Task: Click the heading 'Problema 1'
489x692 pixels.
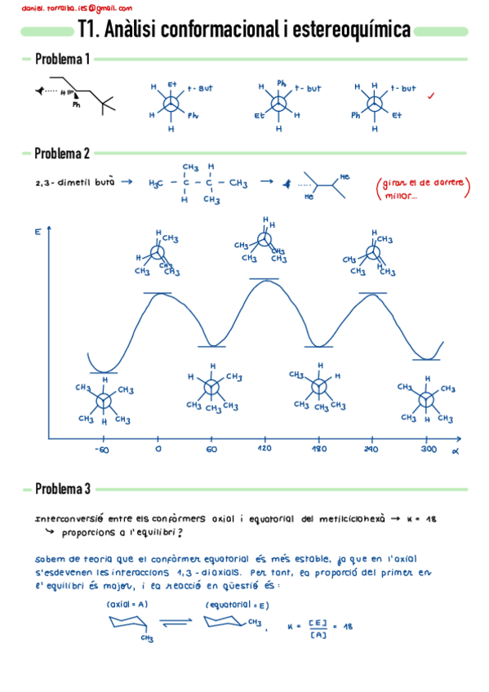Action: click(62, 60)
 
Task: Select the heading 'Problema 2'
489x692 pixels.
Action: click(62, 153)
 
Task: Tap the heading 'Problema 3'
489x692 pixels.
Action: click(62, 490)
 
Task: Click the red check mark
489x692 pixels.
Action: click(430, 95)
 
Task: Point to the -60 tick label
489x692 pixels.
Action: click(101, 449)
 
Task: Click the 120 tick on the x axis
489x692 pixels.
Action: click(265, 449)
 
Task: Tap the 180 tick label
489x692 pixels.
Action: click(319, 449)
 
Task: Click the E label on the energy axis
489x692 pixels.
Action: click(38, 233)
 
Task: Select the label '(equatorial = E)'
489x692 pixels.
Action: click(238, 605)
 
